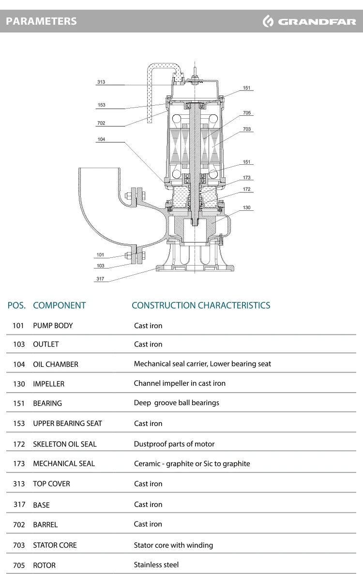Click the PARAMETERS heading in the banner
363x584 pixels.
41,21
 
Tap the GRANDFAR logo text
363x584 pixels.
317,22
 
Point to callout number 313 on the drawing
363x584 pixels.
101,82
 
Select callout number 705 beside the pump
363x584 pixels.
247,112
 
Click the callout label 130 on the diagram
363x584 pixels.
247,207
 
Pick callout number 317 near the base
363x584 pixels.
100,279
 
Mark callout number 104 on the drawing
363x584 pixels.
101,139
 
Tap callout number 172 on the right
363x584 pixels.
247,189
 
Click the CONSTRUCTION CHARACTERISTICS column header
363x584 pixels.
201,305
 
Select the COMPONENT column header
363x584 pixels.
60,305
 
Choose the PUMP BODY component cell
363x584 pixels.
53,326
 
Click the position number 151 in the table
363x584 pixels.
19,403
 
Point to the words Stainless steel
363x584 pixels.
156,565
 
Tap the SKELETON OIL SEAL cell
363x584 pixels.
65,444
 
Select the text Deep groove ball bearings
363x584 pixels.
177,403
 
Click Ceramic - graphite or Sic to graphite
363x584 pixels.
192,463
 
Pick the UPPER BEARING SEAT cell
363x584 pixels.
67,424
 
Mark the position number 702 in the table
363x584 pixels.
19,524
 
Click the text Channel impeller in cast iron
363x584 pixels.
180,383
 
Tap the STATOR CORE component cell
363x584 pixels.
55,545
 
